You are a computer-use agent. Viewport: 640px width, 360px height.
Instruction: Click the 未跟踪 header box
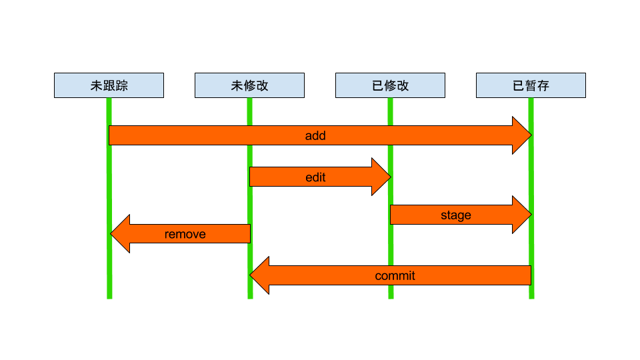(x=109, y=85)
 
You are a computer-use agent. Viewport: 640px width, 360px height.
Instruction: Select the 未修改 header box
(x=249, y=85)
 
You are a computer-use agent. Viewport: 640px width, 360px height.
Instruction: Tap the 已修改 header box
(x=390, y=85)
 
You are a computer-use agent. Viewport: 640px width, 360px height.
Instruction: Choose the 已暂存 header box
(x=531, y=85)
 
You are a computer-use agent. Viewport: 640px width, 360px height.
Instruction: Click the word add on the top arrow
(x=315, y=135)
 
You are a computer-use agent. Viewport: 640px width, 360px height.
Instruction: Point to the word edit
(x=315, y=177)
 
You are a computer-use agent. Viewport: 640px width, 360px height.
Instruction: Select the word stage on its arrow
(x=456, y=215)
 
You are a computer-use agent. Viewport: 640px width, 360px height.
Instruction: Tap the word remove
(x=185, y=234)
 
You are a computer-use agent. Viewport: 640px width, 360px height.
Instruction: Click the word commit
(x=395, y=275)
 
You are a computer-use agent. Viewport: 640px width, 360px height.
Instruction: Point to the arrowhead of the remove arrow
(x=120, y=234)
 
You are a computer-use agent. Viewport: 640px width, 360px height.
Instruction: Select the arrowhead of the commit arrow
(x=260, y=275)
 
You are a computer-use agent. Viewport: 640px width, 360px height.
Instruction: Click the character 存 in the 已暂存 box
(x=543, y=85)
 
